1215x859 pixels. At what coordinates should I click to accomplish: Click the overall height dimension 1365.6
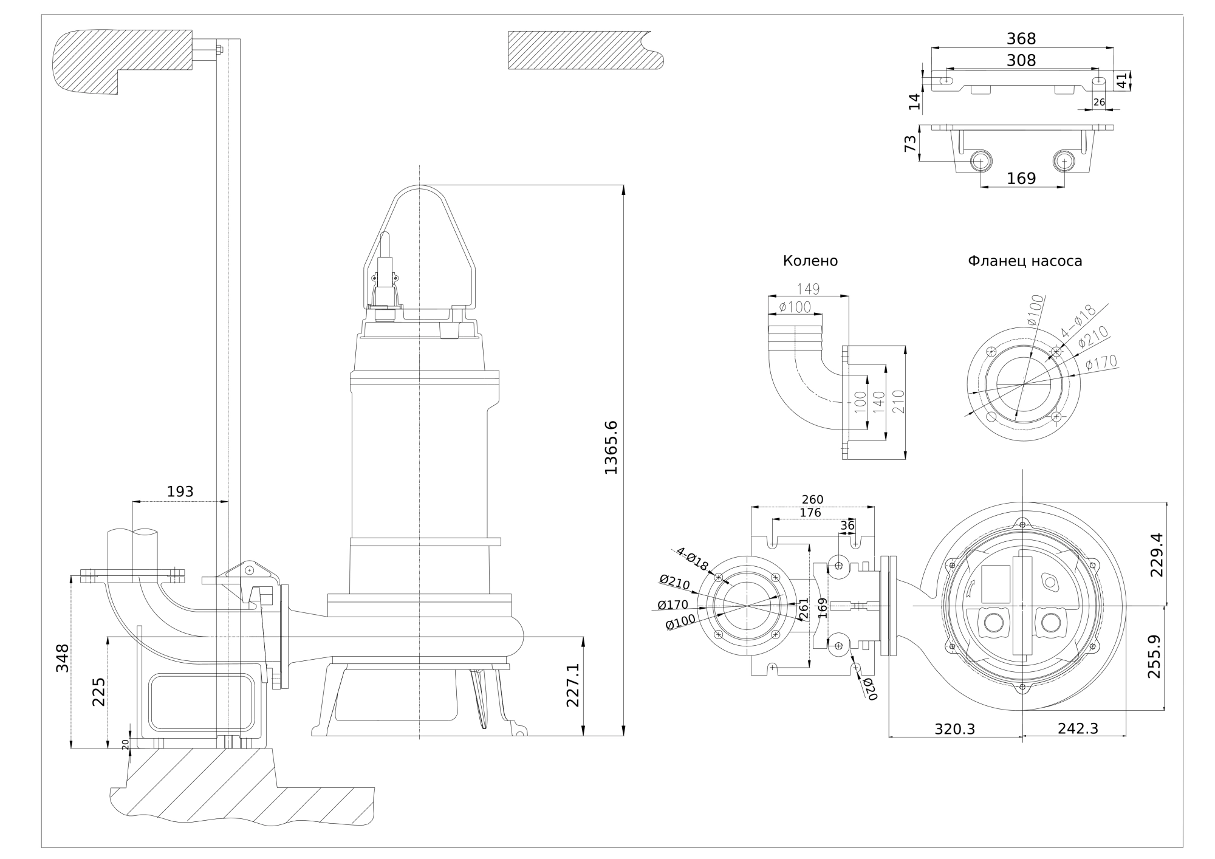point(610,447)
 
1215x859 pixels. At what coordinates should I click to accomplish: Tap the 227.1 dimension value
point(573,685)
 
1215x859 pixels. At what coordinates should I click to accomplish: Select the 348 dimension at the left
point(63,657)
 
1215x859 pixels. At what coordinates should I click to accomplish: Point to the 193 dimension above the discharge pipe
point(180,491)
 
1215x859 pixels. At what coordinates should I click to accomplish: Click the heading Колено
point(810,261)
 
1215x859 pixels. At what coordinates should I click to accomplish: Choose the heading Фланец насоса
point(1025,261)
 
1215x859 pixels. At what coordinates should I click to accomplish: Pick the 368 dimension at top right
point(1021,39)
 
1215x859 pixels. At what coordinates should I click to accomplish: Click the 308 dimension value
point(1021,60)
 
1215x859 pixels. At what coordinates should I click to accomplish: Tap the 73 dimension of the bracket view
point(910,143)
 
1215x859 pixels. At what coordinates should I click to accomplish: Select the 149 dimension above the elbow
point(808,289)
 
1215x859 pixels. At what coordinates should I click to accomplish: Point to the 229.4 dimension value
point(1155,554)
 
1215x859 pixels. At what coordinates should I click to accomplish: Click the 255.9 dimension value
point(1154,657)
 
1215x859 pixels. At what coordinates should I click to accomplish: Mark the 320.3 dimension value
point(954,729)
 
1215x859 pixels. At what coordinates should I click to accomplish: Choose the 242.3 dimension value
point(1078,728)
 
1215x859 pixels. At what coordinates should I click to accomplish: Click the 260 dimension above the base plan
point(812,499)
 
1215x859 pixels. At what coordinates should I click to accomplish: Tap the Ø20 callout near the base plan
point(870,689)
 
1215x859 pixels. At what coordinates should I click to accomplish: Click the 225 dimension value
point(98,692)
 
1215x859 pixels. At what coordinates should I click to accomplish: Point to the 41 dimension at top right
point(1121,80)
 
